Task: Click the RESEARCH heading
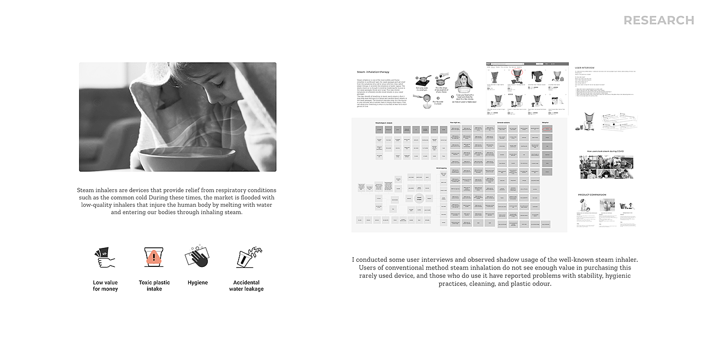click(x=659, y=21)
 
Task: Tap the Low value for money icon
click(x=104, y=257)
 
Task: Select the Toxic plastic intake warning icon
click(x=154, y=257)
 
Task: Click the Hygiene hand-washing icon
click(x=197, y=257)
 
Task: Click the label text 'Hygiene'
click(x=197, y=282)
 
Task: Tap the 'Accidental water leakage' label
click(x=246, y=285)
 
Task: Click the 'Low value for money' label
click(x=105, y=285)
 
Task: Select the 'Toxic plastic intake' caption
click(x=154, y=285)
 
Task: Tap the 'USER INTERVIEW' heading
click(x=584, y=67)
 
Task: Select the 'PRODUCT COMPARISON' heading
click(x=592, y=195)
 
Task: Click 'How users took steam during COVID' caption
click(x=605, y=151)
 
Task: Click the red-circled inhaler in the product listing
click(x=516, y=76)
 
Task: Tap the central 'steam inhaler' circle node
click(x=420, y=198)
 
